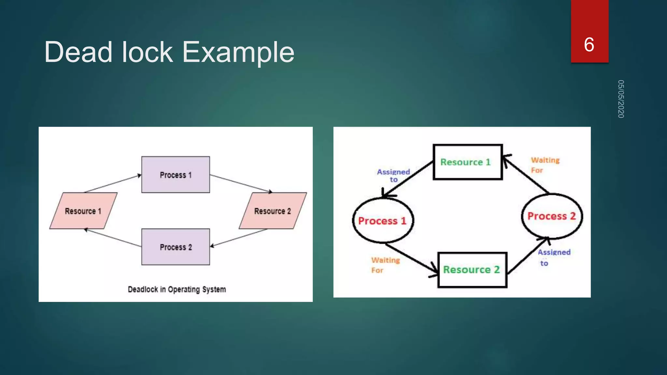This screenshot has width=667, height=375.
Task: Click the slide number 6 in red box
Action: point(589,44)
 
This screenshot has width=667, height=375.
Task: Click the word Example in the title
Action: point(238,52)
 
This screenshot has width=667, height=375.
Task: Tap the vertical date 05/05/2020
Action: point(621,99)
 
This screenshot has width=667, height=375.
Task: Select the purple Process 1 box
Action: point(176,175)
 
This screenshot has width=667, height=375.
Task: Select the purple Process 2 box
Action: point(176,247)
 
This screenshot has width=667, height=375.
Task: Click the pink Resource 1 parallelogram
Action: point(83,211)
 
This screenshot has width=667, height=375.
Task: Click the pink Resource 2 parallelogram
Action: point(272,211)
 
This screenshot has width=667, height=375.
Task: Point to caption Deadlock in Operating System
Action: point(177,289)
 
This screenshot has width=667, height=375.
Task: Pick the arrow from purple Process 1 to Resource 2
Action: point(241,184)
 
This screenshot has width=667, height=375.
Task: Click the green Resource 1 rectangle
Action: point(467,162)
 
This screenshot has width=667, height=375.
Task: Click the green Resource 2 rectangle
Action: point(472,270)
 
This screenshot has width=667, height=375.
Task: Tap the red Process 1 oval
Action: point(383,221)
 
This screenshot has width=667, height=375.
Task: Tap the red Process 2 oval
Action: point(552,216)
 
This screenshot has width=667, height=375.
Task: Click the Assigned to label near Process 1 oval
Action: point(393,175)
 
